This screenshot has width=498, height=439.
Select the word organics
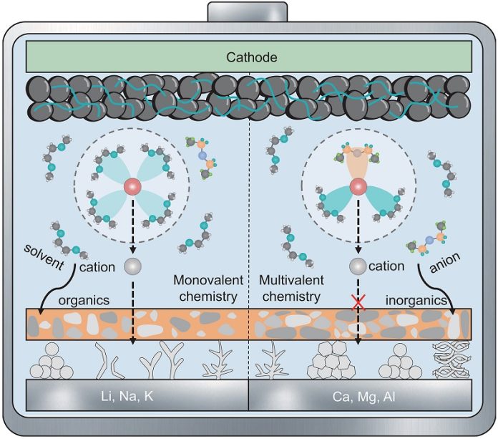tap(85, 300)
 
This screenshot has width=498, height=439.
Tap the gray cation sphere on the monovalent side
tap(131, 266)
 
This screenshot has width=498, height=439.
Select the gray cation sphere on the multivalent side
tap(356, 266)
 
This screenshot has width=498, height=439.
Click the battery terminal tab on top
tap(249, 12)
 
